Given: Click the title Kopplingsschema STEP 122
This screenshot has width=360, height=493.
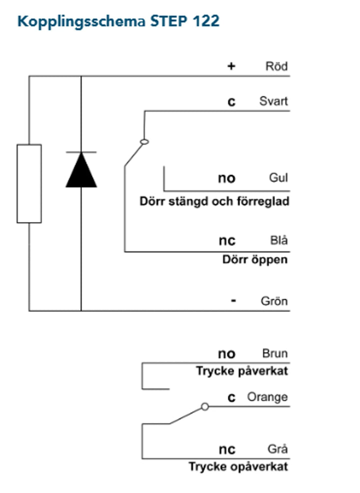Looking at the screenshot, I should (118, 22).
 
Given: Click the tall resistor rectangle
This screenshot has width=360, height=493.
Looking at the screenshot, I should (29, 183).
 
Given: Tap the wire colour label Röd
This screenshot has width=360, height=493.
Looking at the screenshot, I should (276, 66).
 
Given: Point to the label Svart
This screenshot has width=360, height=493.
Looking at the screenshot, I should (273, 101).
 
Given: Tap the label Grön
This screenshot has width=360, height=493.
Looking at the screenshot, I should (274, 301).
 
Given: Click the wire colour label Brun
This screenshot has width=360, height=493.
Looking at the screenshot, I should (275, 354).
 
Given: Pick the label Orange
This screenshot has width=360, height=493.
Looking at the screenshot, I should (267, 397).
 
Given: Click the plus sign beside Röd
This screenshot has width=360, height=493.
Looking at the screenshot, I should (231, 66).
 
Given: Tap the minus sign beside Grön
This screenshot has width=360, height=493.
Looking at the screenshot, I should (233, 301).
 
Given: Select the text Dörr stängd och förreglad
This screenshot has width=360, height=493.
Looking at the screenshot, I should (214, 202).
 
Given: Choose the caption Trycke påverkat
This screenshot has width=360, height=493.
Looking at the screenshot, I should (242, 371).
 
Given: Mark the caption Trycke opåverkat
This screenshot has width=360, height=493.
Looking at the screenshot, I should (238, 467).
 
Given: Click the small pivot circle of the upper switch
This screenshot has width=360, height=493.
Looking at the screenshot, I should (144, 142).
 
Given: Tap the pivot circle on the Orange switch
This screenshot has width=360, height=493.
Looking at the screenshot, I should (204, 406).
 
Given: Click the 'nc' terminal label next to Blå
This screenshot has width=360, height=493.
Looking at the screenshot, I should (227, 240).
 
